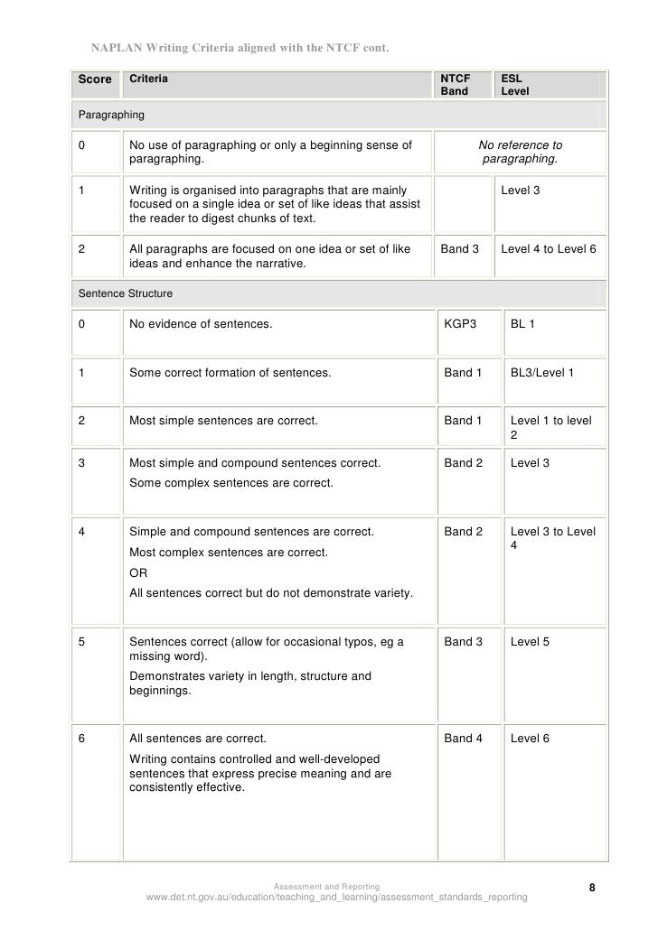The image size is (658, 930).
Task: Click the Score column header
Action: pyautogui.click(x=94, y=79)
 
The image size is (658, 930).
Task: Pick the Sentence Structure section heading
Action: pyautogui.click(x=126, y=293)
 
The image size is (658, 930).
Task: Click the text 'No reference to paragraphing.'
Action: pyautogui.click(x=520, y=152)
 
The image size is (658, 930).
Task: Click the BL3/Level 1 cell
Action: pyautogui.click(x=541, y=371)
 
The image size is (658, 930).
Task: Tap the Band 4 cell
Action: pyautogui.click(x=463, y=738)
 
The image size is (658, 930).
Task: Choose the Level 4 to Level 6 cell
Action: pyautogui.click(x=548, y=248)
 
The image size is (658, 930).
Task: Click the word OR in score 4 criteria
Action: pyautogui.click(x=138, y=573)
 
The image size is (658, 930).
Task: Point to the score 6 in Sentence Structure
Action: pyautogui.click(x=82, y=738)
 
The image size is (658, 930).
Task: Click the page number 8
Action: pyautogui.click(x=592, y=888)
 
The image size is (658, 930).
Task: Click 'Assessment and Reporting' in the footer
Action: pyautogui.click(x=327, y=887)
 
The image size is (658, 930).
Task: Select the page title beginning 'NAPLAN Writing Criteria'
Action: pyautogui.click(x=241, y=47)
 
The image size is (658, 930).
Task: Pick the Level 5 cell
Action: pyautogui.click(x=530, y=642)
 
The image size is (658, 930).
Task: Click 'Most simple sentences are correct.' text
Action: pyautogui.click(x=223, y=420)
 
